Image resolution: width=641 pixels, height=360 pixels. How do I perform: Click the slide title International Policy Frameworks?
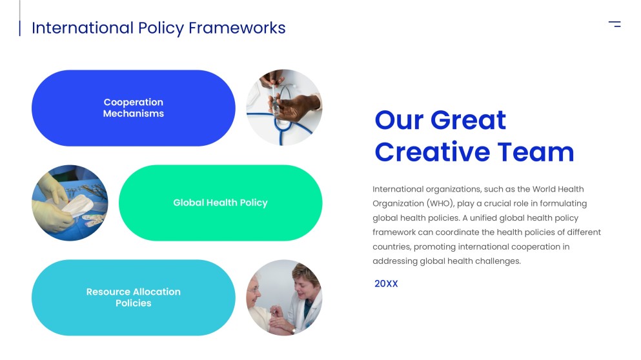(158, 28)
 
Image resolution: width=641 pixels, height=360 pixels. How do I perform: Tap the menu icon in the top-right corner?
(615, 24)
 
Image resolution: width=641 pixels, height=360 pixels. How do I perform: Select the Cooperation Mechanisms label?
(134, 108)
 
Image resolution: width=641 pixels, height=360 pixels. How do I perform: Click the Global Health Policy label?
(220, 203)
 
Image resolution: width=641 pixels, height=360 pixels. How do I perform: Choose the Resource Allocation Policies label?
(134, 297)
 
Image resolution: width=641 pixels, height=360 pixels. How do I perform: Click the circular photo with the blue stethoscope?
(284, 108)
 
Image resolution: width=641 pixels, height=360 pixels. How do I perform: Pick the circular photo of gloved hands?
(70, 203)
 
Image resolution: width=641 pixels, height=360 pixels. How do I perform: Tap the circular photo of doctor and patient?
(284, 297)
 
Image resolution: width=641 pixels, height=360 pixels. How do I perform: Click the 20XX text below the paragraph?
(386, 284)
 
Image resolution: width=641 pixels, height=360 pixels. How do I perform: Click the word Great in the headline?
(468, 120)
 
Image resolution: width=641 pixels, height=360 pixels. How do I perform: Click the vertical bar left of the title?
(19, 28)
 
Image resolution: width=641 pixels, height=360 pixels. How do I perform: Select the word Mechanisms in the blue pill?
(134, 114)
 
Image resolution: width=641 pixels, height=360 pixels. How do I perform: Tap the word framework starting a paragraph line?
(393, 232)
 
